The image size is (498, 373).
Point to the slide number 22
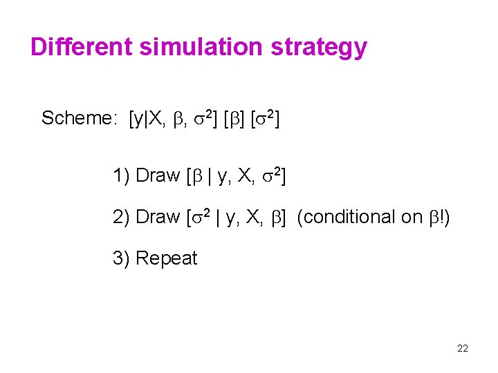pos(463,348)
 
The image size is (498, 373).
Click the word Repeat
pos(167,258)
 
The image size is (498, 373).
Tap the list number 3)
pos(121,258)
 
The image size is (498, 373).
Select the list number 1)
pos(121,175)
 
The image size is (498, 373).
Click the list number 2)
pos(121,217)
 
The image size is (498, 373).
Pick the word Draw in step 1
pos(158,175)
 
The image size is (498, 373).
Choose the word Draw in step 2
pos(158,217)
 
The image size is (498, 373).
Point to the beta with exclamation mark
pos(438,217)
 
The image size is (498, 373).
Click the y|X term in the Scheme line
pos(147,119)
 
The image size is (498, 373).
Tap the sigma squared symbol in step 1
pos(271,175)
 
